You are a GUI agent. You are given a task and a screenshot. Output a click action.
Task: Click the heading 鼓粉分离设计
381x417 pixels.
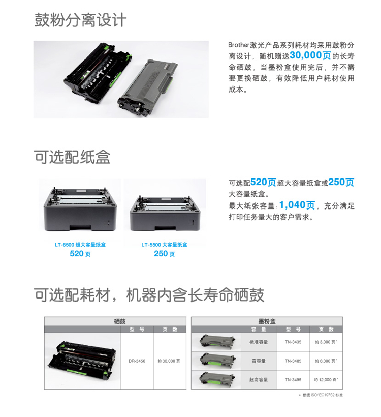[80, 20]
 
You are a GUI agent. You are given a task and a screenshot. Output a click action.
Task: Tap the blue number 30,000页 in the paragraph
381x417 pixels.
[310, 55]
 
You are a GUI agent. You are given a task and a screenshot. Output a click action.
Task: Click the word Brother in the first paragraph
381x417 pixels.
[239, 45]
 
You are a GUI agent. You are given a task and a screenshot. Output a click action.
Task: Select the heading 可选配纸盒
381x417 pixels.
[72, 157]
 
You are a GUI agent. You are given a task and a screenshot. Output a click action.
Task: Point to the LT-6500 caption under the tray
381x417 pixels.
[80, 245]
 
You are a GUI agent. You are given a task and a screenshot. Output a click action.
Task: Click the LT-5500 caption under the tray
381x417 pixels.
[164, 245]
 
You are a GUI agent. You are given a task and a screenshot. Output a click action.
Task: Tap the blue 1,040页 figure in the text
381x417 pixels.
[297, 205]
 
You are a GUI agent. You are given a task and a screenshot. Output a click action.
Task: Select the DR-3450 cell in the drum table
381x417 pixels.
[137, 361]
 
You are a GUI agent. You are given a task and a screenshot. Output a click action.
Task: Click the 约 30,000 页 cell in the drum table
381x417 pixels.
[169, 361]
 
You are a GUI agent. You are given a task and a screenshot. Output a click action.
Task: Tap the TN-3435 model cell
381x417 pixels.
[293, 342]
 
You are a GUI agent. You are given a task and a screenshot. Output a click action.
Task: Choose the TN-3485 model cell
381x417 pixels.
[293, 361]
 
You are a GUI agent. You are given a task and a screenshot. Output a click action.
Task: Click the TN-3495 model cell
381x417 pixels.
[293, 380]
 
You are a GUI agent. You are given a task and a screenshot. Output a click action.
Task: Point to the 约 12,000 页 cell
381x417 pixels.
[326, 380]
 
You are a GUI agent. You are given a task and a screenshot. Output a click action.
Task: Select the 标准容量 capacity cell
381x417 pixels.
[259, 342]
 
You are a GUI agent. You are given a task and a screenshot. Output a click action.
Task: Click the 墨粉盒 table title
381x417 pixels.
[267, 321]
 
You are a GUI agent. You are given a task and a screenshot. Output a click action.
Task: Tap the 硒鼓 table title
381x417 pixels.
[119, 321]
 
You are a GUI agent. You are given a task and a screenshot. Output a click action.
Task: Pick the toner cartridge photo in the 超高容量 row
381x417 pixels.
[217, 379]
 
